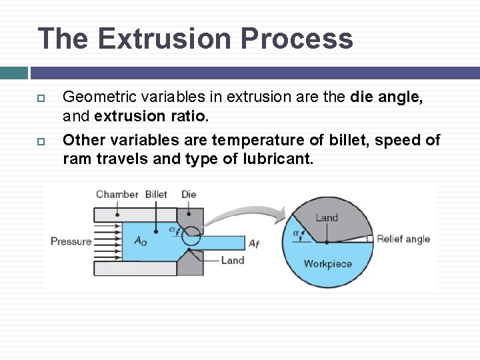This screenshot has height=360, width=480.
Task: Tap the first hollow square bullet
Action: tap(40, 98)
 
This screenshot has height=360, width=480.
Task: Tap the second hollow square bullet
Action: tap(40, 141)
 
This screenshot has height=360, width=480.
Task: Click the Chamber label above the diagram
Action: tap(117, 194)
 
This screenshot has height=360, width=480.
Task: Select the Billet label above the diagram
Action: tap(156, 194)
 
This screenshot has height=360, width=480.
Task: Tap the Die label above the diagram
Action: tap(189, 194)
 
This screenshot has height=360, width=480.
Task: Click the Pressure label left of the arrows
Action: tap(71, 241)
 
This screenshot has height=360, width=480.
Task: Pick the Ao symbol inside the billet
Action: tap(141, 241)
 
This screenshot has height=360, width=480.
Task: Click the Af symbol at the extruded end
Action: tap(254, 243)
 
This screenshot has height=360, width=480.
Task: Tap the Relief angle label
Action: tap(403, 239)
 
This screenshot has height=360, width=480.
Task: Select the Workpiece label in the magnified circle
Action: tap(327, 263)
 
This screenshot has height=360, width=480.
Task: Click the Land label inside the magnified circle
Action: tap(327, 217)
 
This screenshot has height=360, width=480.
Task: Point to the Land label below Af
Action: tap(233, 260)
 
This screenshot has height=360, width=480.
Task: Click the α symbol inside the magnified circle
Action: tap(296, 233)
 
